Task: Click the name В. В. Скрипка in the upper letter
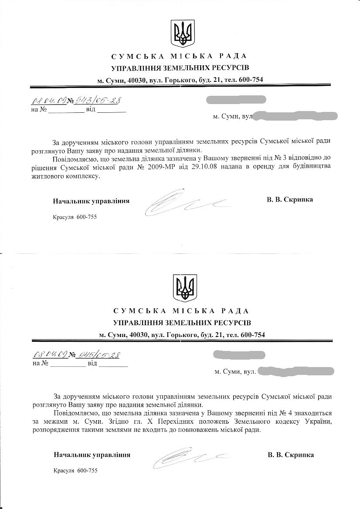[x=289, y=200]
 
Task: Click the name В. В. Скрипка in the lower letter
[x=291, y=455]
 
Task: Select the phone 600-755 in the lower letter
[x=88, y=471]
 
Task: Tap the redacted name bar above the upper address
[x=235, y=101]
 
